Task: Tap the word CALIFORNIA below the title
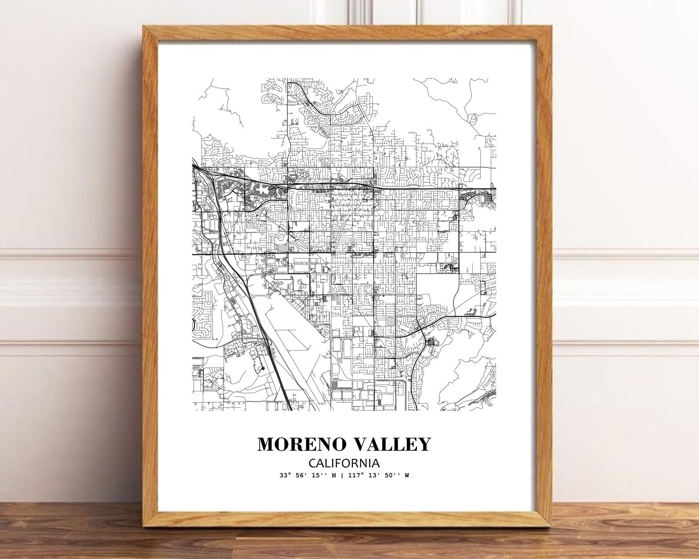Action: (x=344, y=463)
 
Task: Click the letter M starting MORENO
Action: (x=266, y=444)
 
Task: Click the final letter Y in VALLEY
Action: (x=423, y=444)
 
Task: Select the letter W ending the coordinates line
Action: (x=407, y=475)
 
